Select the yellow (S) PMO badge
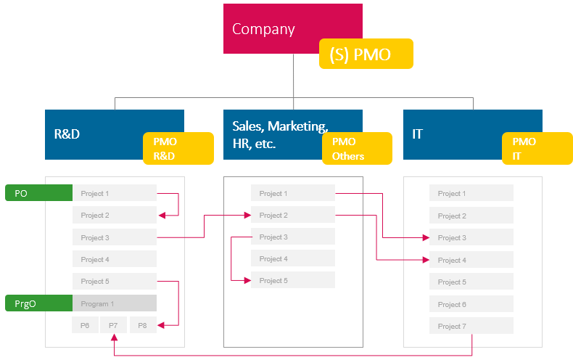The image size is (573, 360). point(366,54)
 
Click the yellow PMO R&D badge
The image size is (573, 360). point(178,148)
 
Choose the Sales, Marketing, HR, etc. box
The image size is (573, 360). point(276,134)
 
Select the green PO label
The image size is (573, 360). point(38,193)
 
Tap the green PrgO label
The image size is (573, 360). point(38,303)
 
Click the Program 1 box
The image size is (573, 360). point(115,303)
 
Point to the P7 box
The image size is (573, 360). point(114,325)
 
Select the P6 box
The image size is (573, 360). point(85,325)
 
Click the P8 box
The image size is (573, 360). point(143,325)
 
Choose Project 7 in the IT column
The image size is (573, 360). point(471,326)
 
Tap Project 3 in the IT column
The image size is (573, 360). point(471,237)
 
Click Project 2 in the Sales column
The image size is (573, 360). point(293,215)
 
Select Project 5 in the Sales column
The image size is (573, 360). point(293,280)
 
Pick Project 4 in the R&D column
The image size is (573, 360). point(115,259)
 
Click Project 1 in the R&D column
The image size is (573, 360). point(115,193)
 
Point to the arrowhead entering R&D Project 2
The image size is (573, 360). point(161,215)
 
